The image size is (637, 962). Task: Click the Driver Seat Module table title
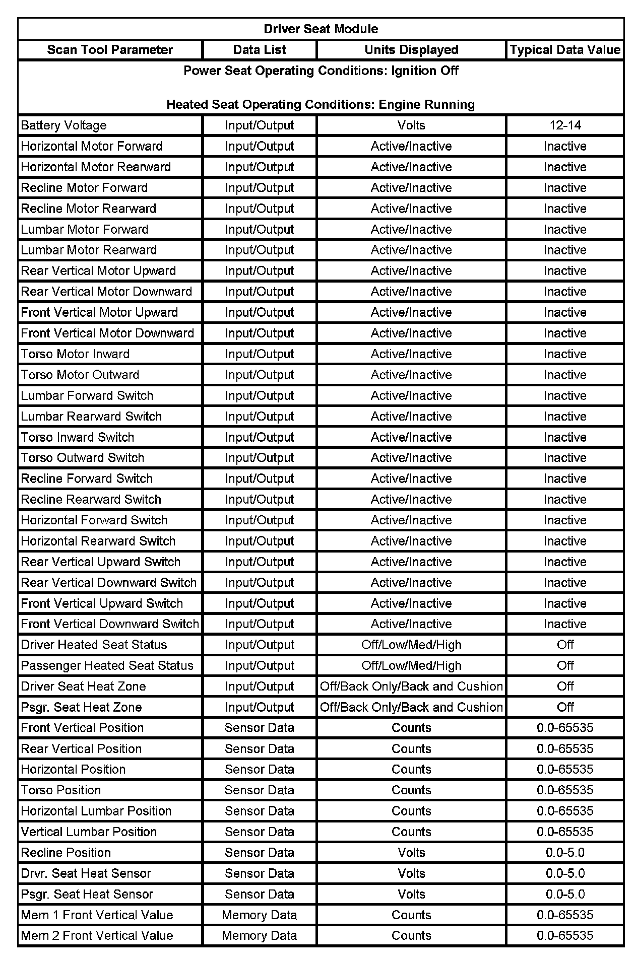pos(321,29)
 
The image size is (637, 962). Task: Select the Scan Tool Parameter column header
pos(110,50)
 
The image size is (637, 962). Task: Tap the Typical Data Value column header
pos(564,50)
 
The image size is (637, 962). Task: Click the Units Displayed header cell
pos(411,50)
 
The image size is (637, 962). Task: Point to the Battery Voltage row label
pos(64,125)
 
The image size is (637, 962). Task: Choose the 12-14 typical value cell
pos(565,125)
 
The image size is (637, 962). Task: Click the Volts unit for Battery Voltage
pos(411,125)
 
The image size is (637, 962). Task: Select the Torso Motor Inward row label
pos(75,354)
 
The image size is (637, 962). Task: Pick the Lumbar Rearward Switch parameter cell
pos(91,417)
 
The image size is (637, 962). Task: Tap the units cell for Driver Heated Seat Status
pos(411,645)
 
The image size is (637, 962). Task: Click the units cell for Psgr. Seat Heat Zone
pos(411,707)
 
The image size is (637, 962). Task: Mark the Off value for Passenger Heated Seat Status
pos(565,665)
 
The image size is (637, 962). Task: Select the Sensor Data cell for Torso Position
pos(259,790)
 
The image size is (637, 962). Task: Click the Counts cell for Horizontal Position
pos(411,770)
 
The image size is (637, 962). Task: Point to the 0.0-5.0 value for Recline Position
pos(565,853)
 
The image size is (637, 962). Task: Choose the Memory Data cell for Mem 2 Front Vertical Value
pos(259,936)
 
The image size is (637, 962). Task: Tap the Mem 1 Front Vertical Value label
pos(97,915)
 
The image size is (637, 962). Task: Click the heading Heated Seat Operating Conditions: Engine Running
pos(321,105)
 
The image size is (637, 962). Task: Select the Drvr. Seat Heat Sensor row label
pos(86,873)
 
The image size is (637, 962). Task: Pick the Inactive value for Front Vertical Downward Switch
pos(565,624)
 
